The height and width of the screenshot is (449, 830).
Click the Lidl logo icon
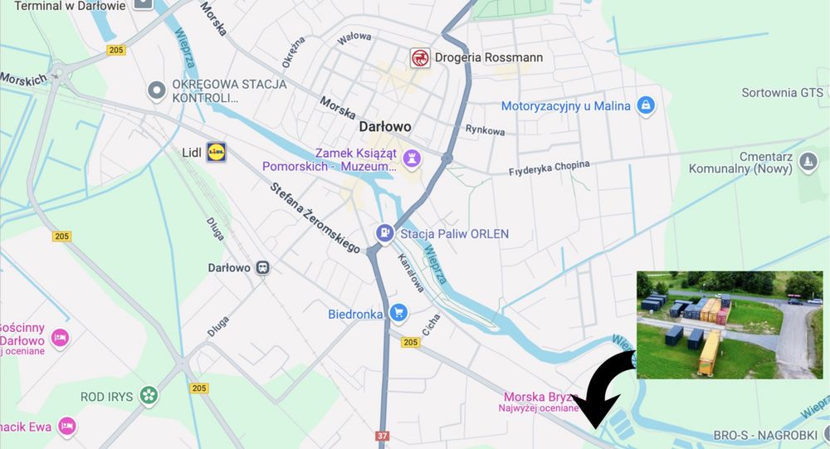(x=217, y=152)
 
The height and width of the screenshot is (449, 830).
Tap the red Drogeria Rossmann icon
(x=421, y=57)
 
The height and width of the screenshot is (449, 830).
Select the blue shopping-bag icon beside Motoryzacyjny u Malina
(x=645, y=105)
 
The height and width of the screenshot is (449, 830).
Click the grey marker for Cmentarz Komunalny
(x=809, y=162)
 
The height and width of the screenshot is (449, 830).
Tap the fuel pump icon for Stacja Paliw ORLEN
(x=384, y=233)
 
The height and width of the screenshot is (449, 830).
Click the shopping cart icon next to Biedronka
(x=399, y=313)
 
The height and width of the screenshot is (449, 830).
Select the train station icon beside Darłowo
(x=263, y=267)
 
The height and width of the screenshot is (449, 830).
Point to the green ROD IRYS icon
(x=149, y=396)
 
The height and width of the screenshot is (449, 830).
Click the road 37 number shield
(x=383, y=436)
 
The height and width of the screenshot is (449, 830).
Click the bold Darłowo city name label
(x=385, y=127)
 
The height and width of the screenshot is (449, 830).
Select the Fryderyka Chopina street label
(x=549, y=168)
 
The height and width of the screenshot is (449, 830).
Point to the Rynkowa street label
(x=486, y=130)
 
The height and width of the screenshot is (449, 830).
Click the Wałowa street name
(x=354, y=37)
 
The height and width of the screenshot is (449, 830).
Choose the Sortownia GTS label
(x=782, y=92)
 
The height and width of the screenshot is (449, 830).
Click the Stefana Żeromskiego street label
(x=315, y=217)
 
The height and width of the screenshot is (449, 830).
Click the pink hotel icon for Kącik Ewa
(x=67, y=427)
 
